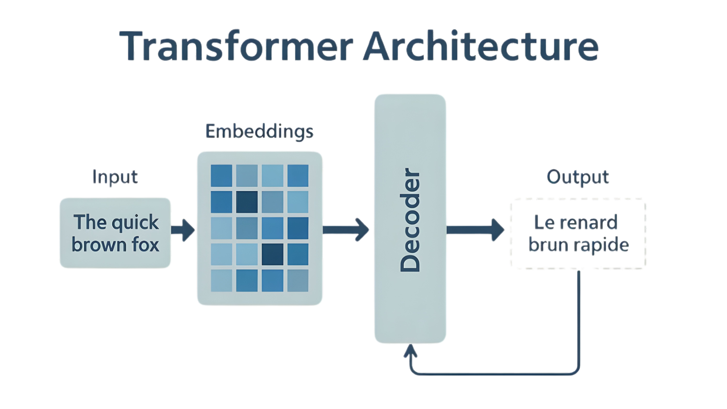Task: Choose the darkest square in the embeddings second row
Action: tap(247, 202)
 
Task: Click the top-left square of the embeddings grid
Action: tap(221, 176)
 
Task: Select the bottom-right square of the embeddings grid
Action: tap(298, 280)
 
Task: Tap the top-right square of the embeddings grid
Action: tap(298, 176)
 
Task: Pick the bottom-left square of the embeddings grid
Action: tap(221, 280)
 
